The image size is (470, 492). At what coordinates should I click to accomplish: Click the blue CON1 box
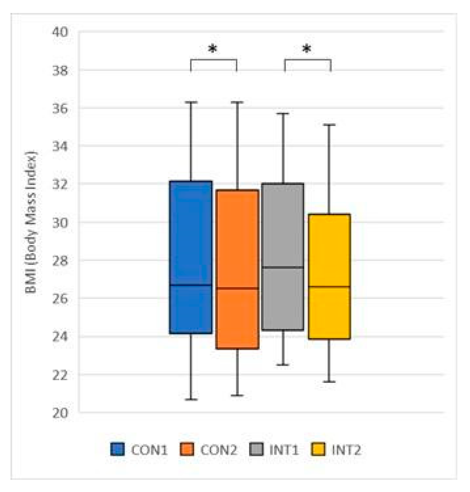[x=191, y=234]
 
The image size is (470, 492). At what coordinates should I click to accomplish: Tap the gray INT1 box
[x=283, y=224]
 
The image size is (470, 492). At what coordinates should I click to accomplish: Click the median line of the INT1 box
[x=283, y=267]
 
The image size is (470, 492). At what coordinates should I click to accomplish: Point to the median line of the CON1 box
[x=191, y=285]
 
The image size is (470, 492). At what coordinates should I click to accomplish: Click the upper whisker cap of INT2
[x=329, y=125]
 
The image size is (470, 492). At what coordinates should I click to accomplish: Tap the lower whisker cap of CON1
[x=191, y=399]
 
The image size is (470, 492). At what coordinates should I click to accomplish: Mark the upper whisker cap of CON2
[x=237, y=102]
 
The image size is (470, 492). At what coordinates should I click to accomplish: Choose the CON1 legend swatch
[x=117, y=449]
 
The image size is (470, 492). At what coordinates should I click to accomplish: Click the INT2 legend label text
[x=346, y=450]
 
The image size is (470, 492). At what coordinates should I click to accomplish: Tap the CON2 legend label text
[x=218, y=450]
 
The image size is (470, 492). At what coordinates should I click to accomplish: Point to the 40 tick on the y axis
[x=60, y=32]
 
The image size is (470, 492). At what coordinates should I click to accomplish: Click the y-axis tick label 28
[x=60, y=260]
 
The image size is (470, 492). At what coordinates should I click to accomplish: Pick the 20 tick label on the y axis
[x=60, y=413]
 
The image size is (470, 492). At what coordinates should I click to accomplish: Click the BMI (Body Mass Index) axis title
[x=31, y=222]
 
